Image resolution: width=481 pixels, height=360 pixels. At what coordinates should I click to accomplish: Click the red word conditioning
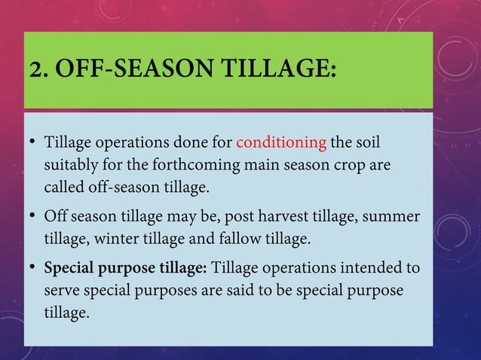coord(281,143)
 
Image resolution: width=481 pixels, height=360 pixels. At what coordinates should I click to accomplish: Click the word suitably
coord(72,164)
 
